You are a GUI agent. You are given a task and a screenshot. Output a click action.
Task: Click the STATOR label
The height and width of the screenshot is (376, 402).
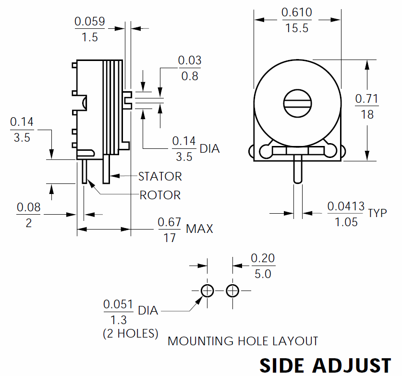(x=160, y=176)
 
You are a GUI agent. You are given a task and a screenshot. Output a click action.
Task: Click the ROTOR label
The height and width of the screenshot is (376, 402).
(x=160, y=195)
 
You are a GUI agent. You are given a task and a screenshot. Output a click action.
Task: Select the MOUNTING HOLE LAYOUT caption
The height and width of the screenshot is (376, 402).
(x=243, y=341)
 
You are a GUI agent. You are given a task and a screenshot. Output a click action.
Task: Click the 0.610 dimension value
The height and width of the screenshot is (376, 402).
(x=297, y=12)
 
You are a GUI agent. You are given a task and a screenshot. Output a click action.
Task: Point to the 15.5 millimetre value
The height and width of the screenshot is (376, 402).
(x=297, y=28)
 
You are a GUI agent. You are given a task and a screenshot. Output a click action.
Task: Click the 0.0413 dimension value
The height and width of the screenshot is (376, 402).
(x=346, y=206)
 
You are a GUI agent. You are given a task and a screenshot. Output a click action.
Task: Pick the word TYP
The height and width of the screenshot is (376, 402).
(x=378, y=213)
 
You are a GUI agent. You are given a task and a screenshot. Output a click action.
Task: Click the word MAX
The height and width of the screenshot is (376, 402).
(x=199, y=229)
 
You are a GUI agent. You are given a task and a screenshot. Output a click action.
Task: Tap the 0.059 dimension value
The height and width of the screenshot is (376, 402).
(x=90, y=21)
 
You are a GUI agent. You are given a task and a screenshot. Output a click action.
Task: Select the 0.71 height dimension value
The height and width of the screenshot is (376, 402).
(x=367, y=98)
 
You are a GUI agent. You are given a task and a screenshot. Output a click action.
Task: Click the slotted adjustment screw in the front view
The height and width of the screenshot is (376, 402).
(x=297, y=103)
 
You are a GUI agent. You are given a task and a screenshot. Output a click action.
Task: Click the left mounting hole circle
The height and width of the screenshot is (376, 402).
(x=207, y=291)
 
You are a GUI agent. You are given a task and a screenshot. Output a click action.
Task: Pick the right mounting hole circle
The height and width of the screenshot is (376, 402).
(x=232, y=291)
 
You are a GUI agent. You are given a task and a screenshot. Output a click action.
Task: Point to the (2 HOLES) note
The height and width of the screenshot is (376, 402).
(x=131, y=333)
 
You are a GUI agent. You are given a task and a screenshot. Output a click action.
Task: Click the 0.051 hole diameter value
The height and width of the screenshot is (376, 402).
(x=118, y=304)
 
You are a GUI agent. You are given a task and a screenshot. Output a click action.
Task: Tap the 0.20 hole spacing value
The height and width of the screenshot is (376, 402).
(x=263, y=258)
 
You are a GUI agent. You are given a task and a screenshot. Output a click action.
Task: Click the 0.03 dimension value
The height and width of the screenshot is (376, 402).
(x=190, y=60)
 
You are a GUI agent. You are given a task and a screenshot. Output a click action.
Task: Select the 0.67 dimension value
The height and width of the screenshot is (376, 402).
(x=170, y=222)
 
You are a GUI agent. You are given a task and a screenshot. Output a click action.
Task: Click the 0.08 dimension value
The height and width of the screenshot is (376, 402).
(x=29, y=207)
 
